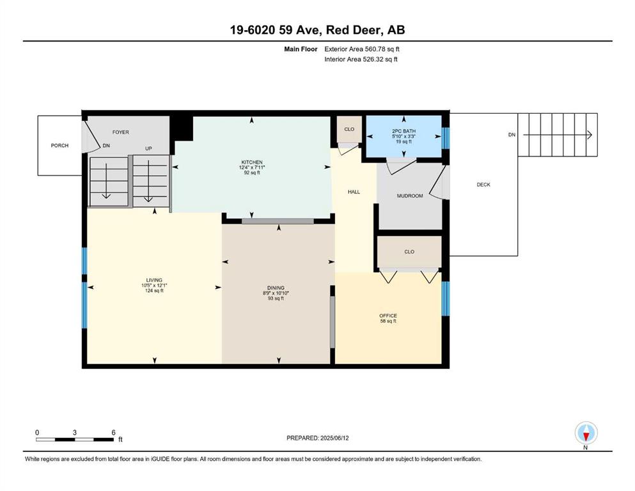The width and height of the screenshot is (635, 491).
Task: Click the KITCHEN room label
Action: pyautogui.click(x=252, y=162)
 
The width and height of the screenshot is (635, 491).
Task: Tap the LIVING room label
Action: pyautogui.click(x=154, y=280)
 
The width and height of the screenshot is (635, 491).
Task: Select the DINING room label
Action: pyautogui.click(x=276, y=288)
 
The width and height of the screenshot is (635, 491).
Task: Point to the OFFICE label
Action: pyautogui.click(x=388, y=316)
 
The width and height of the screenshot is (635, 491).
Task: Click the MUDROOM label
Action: pyautogui.click(x=410, y=196)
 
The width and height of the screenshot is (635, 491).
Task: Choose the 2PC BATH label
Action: pyautogui.click(x=404, y=131)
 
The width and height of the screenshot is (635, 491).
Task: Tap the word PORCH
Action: pyautogui.click(x=59, y=146)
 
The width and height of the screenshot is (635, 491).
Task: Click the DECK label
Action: pyautogui.click(x=483, y=185)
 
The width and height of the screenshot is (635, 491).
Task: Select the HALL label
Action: pyautogui.click(x=354, y=192)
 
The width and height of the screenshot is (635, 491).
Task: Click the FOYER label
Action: pyautogui.click(x=121, y=132)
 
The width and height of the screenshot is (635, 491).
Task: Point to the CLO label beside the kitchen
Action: pyautogui.click(x=349, y=130)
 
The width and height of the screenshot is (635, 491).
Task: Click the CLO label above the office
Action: pyautogui.click(x=409, y=252)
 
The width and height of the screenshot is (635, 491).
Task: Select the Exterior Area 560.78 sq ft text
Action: pyautogui.click(x=362, y=49)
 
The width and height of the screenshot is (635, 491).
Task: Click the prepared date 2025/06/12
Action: pyautogui.click(x=334, y=438)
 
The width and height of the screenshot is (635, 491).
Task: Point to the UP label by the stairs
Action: pyautogui.click(x=148, y=148)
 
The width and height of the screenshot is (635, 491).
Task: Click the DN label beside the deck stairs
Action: pyautogui.click(x=512, y=135)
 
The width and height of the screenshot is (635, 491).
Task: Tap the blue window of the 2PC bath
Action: pyautogui.click(x=446, y=138)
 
